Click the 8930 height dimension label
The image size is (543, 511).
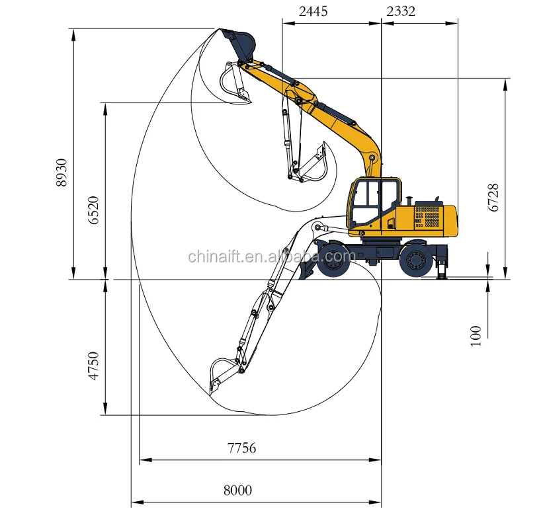[x=61, y=173]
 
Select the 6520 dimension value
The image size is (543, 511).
[x=93, y=210]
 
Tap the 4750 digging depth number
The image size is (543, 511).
[x=93, y=366]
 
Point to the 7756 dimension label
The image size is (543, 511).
[x=241, y=448]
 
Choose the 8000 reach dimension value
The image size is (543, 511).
[x=237, y=491]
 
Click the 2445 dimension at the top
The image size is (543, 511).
[x=313, y=11]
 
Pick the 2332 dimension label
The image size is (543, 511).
[x=401, y=11]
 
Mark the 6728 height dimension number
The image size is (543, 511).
[x=493, y=198]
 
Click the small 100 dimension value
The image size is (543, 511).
[x=476, y=335]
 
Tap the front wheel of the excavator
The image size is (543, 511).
[x=333, y=260]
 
